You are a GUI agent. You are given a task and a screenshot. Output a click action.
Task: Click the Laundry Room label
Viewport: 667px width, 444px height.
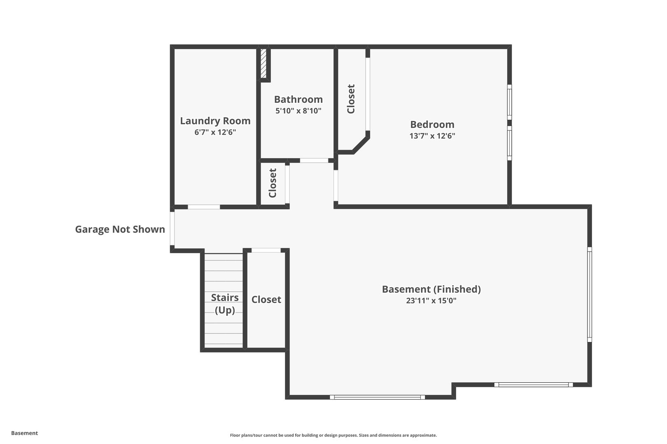click(215, 121)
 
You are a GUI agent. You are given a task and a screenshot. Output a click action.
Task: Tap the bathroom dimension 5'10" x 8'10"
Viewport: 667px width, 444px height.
click(298, 111)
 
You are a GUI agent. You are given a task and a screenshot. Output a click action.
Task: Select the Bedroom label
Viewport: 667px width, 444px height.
click(432, 125)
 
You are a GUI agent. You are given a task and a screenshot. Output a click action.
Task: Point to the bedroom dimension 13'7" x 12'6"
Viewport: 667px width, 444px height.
click(432, 136)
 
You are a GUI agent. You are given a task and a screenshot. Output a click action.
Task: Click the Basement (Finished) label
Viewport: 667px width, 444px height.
click(431, 289)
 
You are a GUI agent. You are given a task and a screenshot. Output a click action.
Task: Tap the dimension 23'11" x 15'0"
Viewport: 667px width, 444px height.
click(431, 301)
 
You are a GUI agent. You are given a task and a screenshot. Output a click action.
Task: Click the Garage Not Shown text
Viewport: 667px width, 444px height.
click(120, 229)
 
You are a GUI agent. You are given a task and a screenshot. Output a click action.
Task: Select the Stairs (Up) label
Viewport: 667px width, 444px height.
click(225, 303)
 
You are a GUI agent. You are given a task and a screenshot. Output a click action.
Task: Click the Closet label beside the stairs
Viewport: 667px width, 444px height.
click(266, 300)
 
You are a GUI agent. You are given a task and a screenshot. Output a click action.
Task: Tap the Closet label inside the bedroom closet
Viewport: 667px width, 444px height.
click(351, 99)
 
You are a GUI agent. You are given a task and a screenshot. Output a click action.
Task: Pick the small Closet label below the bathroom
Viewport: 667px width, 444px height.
click(273, 183)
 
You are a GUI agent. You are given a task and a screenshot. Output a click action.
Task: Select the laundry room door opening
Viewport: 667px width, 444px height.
click(204, 207)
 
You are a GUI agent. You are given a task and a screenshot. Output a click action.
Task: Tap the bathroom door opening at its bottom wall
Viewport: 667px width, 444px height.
click(314, 160)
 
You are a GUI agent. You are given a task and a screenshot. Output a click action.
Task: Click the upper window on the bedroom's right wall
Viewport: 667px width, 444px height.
click(509, 102)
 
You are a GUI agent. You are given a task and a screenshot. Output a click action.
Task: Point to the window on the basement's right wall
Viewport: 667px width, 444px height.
click(589, 294)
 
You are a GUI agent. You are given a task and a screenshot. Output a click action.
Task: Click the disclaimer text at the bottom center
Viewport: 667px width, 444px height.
click(333, 435)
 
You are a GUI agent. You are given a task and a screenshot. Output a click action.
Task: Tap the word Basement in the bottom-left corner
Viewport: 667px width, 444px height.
click(24, 433)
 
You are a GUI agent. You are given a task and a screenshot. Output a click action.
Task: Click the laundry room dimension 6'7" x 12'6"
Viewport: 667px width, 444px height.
click(215, 132)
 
